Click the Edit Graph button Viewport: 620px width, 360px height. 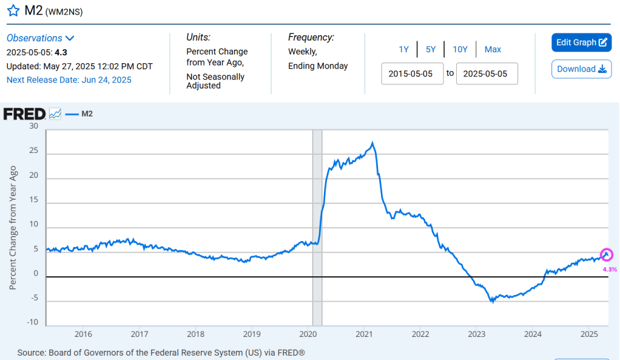pos(581,42)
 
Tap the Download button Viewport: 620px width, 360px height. pos(581,69)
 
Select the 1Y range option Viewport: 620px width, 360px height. pos(403,50)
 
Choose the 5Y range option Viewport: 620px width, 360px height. pos(431,50)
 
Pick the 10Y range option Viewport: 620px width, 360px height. pos(460,50)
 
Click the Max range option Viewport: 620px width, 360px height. pos(493,50)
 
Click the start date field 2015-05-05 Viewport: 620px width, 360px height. pos(412,73)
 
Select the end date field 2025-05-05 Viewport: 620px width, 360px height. pos(487,73)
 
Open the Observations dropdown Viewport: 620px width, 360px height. pos(41,38)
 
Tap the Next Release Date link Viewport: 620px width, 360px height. pos(69,80)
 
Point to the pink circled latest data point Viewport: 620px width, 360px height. pos(607,255)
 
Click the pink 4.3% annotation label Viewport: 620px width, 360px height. pos(610,269)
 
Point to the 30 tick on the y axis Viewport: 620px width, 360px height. pos(33,126)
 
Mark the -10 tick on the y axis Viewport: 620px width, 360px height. pos(33,322)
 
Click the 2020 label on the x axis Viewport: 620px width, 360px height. pos(308,335)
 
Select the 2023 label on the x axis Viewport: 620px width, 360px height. pos(477,335)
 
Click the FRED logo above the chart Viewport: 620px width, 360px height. pos(24,114)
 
